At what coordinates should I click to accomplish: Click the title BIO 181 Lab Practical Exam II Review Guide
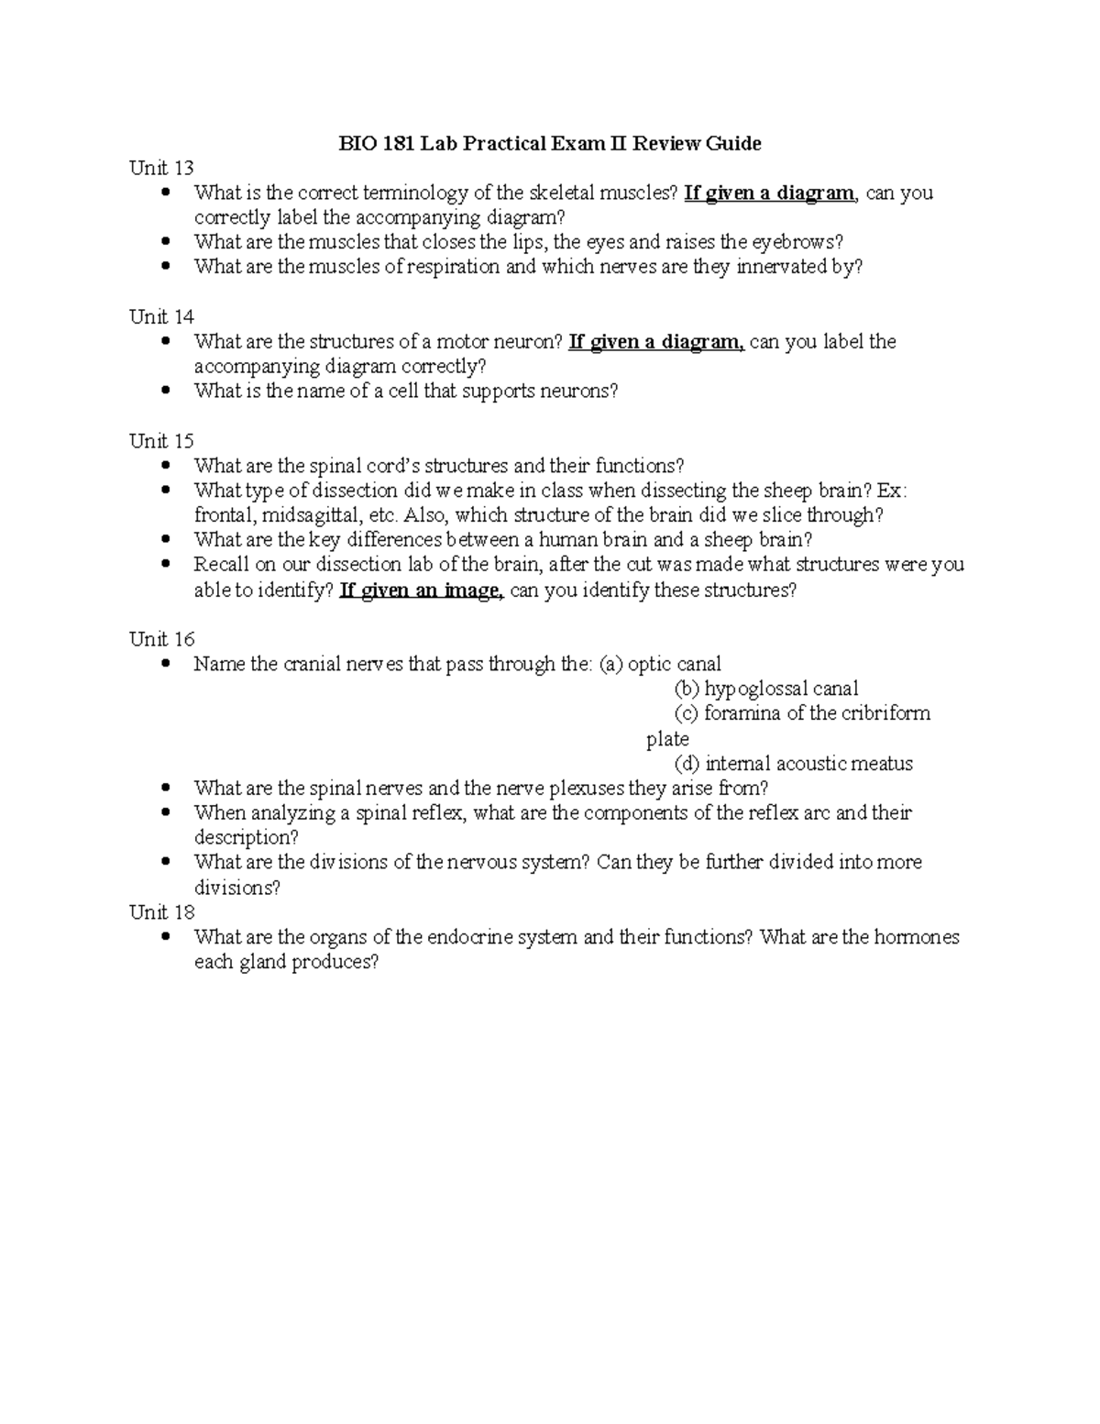[x=550, y=143]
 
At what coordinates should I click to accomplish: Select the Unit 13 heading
[x=161, y=168]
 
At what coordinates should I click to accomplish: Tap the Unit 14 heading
[x=161, y=317]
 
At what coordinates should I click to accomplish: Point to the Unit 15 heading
[x=161, y=441]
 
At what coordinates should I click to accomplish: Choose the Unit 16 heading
[x=161, y=639]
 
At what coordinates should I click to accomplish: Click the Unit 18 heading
[x=161, y=912]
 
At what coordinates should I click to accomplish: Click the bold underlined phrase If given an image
[x=421, y=591]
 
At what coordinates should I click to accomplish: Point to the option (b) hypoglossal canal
[x=766, y=689]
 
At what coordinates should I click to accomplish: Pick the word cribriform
[x=884, y=713]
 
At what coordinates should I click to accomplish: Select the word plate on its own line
[x=667, y=739]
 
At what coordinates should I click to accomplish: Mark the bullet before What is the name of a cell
[x=165, y=392]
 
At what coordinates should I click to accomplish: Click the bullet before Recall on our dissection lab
[x=165, y=565]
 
